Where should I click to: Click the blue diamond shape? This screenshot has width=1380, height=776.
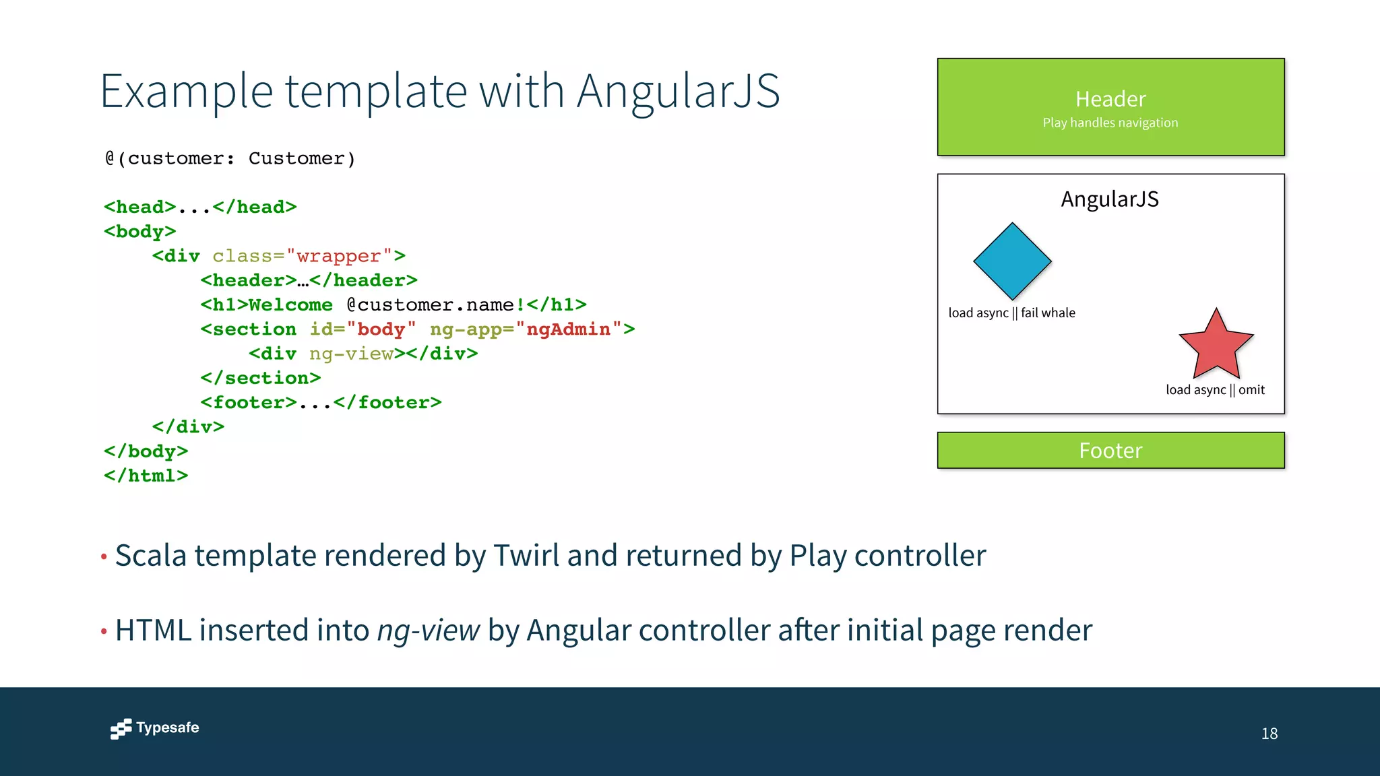tap(1012, 261)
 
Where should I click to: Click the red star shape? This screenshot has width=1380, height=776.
tap(1216, 347)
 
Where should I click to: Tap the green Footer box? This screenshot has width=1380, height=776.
tap(1110, 450)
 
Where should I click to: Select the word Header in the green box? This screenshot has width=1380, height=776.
tap(1110, 99)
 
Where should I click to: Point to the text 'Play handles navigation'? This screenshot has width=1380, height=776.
tap(1110, 123)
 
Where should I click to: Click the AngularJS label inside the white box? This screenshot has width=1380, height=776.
tap(1110, 199)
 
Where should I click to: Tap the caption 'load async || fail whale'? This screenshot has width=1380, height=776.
tap(1011, 313)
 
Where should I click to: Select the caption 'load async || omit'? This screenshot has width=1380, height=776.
tap(1215, 389)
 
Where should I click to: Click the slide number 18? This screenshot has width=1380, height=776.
tap(1269, 734)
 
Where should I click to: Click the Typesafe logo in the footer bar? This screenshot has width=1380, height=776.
tap(155, 728)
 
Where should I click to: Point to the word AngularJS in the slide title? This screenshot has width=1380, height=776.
tap(678, 91)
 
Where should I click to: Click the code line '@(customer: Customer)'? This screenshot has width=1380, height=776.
tap(230, 158)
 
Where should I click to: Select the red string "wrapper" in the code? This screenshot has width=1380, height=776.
tap(339, 256)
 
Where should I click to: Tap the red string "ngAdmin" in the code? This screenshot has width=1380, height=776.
tap(568, 329)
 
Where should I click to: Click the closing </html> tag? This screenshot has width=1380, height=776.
tap(146, 476)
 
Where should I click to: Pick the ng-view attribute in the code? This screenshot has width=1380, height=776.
tap(352, 354)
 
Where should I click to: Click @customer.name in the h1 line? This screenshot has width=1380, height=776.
tap(431, 305)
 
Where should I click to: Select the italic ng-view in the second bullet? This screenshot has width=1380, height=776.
tap(428, 630)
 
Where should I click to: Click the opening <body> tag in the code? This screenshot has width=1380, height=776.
tap(140, 232)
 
